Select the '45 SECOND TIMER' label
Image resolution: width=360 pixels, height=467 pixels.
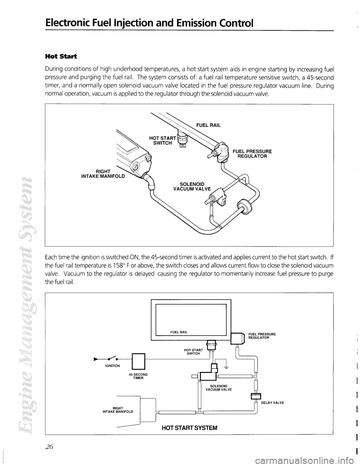(x=138, y=377)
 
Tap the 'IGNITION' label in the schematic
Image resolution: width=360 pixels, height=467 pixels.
(x=112, y=365)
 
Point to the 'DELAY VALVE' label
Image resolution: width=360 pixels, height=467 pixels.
(x=272, y=402)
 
